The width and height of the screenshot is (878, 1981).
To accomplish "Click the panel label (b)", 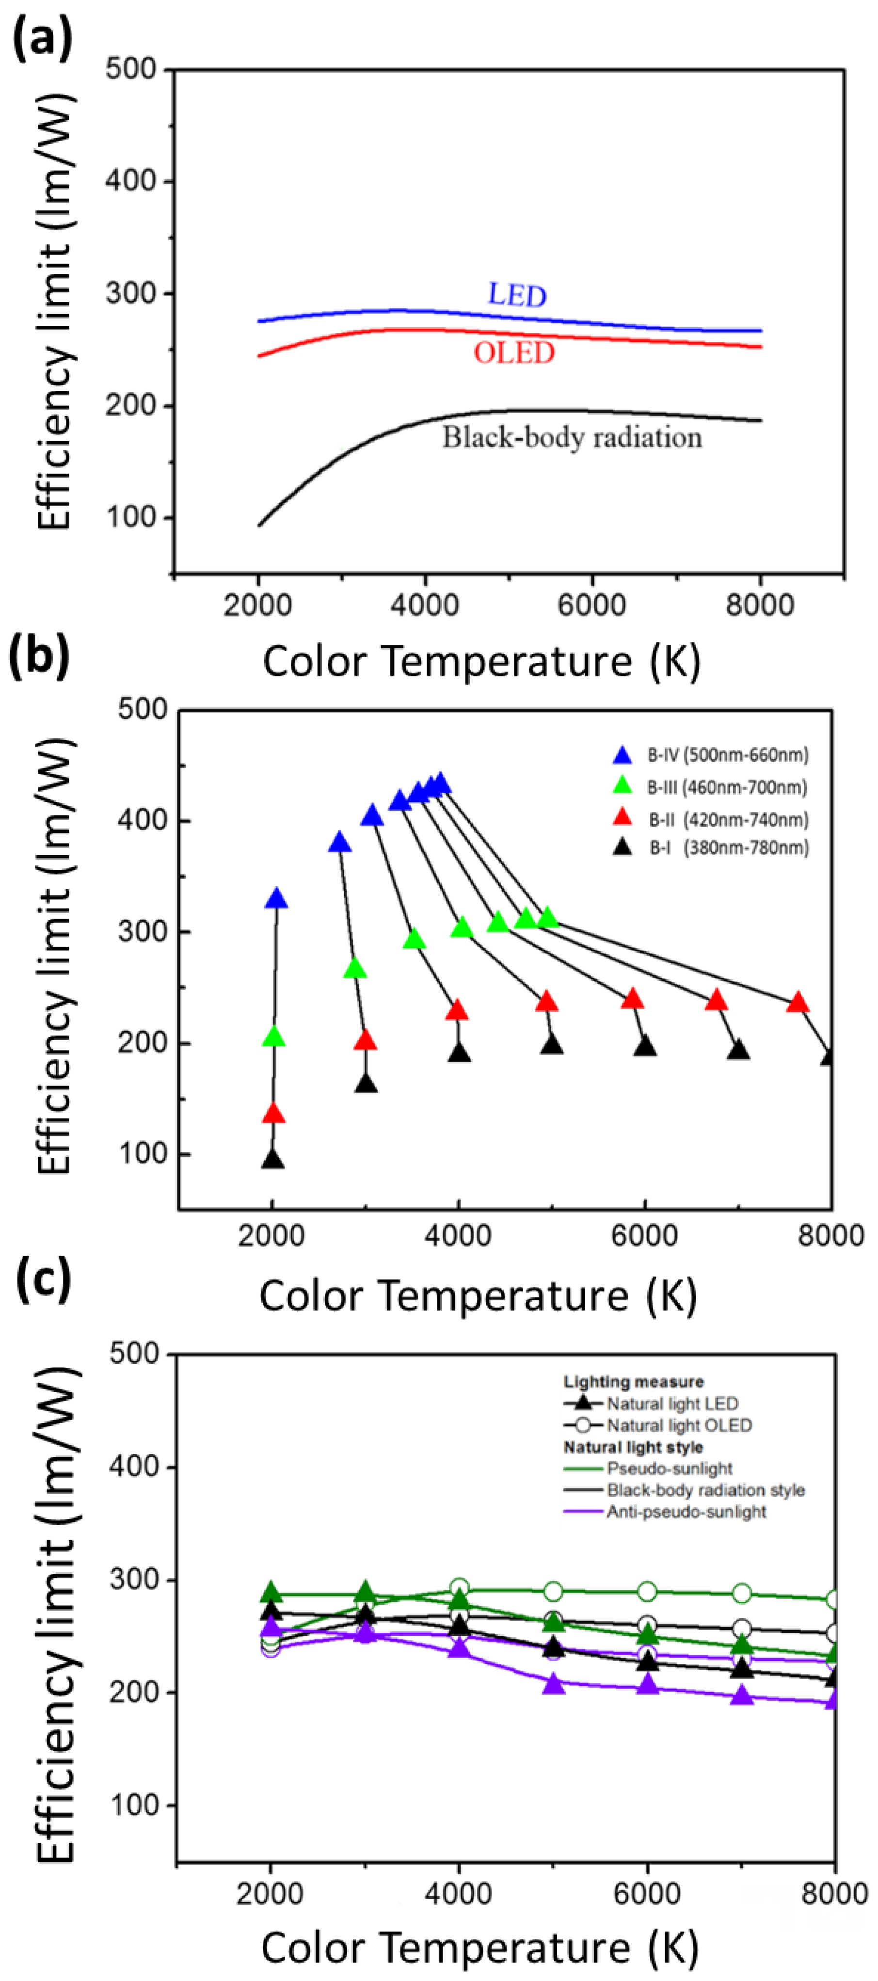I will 39,656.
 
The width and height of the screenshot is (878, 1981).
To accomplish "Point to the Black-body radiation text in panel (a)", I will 571,438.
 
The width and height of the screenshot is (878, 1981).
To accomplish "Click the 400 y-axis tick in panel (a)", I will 131,181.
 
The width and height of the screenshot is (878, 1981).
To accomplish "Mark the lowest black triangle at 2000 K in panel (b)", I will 272,1159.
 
